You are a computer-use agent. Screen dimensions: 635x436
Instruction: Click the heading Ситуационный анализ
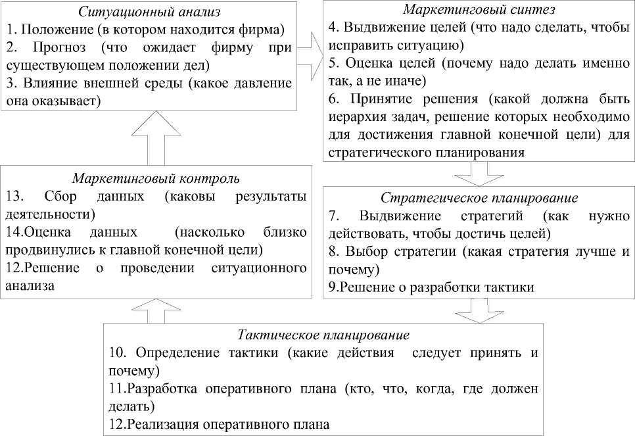click(x=156, y=12)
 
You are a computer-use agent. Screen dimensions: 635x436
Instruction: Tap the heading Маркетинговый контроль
click(x=156, y=178)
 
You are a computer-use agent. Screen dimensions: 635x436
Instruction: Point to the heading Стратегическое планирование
click(x=479, y=199)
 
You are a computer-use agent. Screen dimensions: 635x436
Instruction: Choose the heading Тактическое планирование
click(x=323, y=336)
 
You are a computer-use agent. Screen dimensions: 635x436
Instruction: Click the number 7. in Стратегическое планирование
click(x=334, y=216)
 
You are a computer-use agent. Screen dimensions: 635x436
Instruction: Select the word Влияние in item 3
click(x=47, y=84)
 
